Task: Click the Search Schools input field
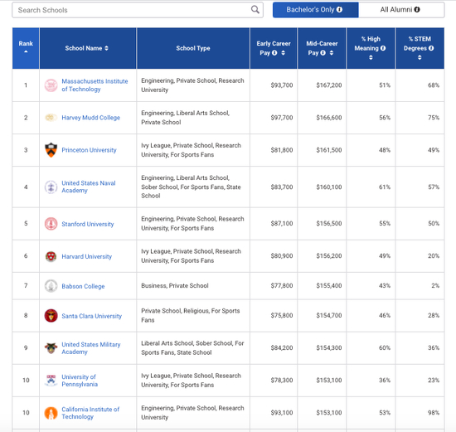pos(138,10)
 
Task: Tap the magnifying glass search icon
pos(255,10)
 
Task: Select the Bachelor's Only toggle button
pos(316,10)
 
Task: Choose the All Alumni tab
pos(401,10)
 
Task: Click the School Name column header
pos(87,48)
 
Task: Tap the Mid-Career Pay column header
pos(322,48)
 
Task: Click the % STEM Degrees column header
pos(420,48)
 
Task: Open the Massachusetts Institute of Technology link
pos(95,85)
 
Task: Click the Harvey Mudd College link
pos(90,118)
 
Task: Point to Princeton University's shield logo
pos(51,150)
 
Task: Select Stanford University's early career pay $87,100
pos(282,223)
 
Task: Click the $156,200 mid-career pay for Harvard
pos(329,255)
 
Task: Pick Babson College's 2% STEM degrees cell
pos(435,286)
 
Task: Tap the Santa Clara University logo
pos(51,316)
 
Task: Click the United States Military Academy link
pos(91,348)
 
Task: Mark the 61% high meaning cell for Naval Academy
pos(385,187)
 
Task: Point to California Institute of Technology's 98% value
pos(434,412)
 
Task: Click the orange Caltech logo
pos(51,413)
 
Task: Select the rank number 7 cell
pos(26,286)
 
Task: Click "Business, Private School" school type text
pos(175,286)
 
